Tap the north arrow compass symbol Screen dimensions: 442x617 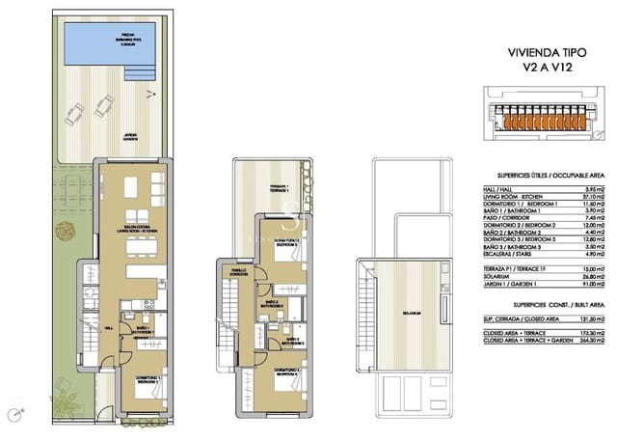150,94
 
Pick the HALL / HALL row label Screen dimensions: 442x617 496,187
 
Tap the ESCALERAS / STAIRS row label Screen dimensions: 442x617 508,258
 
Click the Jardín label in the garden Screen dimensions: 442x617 129,137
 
